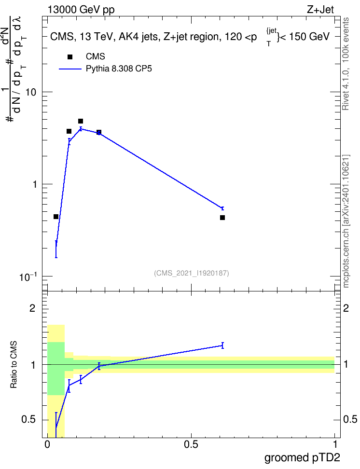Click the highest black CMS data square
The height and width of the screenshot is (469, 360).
[x=81, y=121]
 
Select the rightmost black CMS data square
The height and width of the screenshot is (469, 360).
[x=222, y=218]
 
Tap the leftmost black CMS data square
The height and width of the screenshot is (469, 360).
[x=56, y=217]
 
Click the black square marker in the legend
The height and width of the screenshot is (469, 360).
[x=70, y=57]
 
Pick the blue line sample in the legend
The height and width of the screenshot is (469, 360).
[x=70, y=69]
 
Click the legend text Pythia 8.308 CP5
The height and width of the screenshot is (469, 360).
[x=119, y=69]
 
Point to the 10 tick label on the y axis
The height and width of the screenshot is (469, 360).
[x=30, y=92]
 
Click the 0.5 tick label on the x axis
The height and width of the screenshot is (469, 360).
[x=191, y=444]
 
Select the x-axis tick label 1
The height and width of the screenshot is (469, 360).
[x=334, y=444]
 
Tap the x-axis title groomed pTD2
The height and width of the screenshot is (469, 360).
[x=302, y=457]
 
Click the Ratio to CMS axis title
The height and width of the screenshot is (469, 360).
[x=14, y=365]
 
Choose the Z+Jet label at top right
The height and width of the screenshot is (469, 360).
[x=320, y=10]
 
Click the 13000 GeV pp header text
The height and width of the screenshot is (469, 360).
[x=81, y=10]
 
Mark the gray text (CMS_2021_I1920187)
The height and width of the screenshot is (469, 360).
[x=192, y=273]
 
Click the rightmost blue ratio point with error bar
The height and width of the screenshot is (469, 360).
[x=222, y=345]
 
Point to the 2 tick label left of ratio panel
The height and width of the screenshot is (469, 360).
[x=32, y=308]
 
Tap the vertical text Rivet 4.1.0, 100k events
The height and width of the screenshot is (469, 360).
[x=346, y=64]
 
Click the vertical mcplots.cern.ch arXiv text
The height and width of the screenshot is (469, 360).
[x=346, y=221]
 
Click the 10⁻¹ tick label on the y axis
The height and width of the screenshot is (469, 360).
[x=28, y=276]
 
